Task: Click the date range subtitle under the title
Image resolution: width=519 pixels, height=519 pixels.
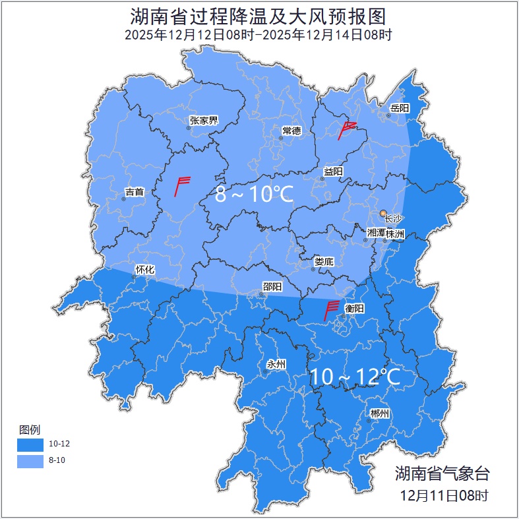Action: point(259,35)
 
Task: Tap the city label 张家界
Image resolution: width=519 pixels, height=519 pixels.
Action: point(203,120)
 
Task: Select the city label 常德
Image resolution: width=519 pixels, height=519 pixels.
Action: point(291,131)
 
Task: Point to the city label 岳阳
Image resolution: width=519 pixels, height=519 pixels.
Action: point(400,108)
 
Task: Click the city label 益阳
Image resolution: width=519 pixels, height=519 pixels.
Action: point(333,171)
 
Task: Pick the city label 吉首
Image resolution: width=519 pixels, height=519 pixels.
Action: point(134,193)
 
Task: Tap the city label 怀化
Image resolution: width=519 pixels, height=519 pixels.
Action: point(144,269)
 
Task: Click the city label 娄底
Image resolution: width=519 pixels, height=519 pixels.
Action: point(324,261)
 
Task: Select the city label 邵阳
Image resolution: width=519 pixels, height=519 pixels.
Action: point(272,286)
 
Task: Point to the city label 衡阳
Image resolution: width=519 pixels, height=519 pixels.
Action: point(355,308)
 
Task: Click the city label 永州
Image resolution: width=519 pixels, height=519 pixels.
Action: point(276,364)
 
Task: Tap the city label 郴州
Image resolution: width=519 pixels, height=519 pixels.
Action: point(380,413)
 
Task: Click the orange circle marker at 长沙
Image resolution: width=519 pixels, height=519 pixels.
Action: point(383,213)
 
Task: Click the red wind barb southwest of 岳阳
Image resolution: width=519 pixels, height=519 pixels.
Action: point(346,130)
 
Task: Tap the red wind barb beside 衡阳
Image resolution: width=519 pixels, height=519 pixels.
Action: point(332,310)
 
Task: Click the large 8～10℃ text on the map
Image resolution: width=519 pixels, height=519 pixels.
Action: point(255,195)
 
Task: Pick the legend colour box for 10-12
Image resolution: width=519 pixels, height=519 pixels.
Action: point(30,444)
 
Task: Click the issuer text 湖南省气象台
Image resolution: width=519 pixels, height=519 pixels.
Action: point(442,473)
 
